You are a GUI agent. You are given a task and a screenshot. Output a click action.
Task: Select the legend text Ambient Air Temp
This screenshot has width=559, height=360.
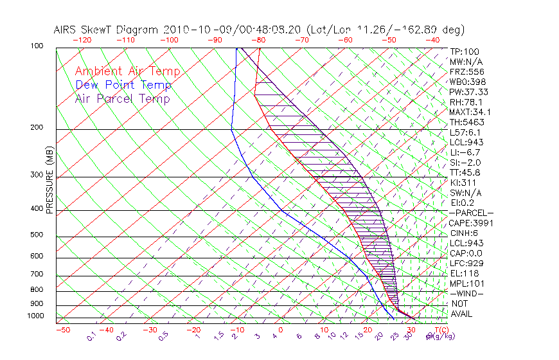pyautogui.click(x=127, y=71)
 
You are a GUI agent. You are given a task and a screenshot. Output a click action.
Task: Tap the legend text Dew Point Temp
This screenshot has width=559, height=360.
pyautogui.click(x=123, y=85)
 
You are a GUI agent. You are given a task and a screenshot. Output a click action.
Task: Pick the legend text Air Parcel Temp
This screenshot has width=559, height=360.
pyautogui.click(x=122, y=98)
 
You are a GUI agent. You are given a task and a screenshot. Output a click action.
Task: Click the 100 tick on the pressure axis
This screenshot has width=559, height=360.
pyautogui.click(x=37, y=46)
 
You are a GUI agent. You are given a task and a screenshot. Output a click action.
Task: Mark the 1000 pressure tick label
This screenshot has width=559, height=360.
pyautogui.click(x=35, y=316)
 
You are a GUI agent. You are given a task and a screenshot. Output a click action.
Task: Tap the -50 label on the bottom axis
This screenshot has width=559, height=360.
pyautogui.click(x=62, y=330)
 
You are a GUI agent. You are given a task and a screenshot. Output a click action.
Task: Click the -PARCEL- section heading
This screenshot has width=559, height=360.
pyautogui.click(x=471, y=213)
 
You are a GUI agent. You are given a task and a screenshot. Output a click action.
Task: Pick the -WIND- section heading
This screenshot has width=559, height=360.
pyautogui.click(x=467, y=293)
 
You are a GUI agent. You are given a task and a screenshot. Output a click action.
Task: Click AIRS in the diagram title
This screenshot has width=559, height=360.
pyautogui.click(x=66, y=30)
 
